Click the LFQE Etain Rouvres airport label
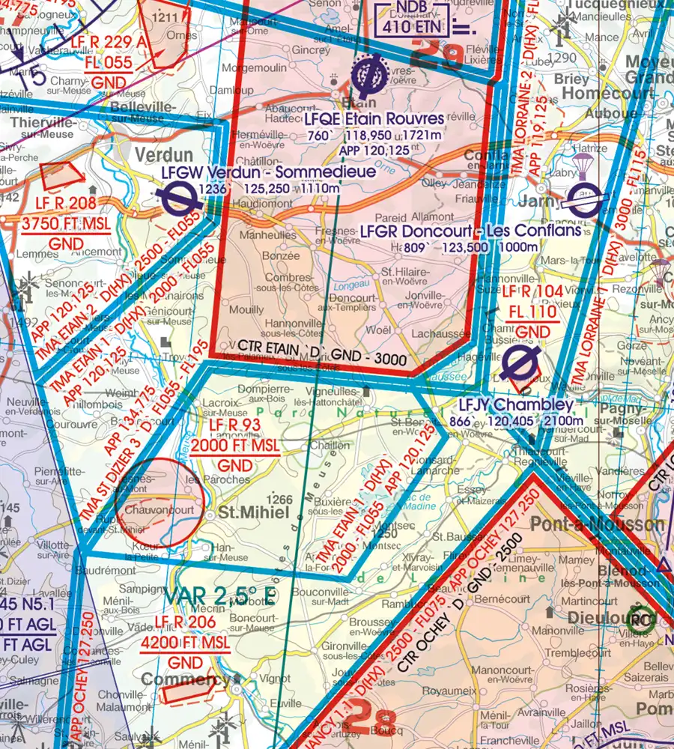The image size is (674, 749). pyautogui.click(x=374, y=119)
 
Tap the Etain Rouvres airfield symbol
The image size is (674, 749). pyautogui.click(x=367, y=75)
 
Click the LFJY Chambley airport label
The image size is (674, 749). pyautogui.click(x=516, y=405)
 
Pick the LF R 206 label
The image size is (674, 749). pyautogui.click(x=185, y=622)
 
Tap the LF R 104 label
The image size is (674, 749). pyautogui.click(x=530, y=291)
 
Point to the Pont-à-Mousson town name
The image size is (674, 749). pyautogui.click(x=597, y=524)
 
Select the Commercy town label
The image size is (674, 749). pyautogui.click(x=186, y=681)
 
